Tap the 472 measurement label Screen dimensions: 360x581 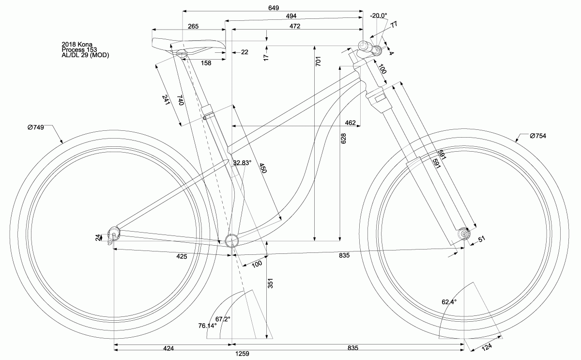click(x=294, y=26)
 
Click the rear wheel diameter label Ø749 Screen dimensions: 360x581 click(x=36, y=127)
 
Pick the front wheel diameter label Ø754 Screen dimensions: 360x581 click(x=537, y=136)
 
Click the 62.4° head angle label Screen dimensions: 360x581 click(x=449, y=301)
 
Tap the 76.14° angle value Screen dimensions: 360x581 click(x=207, y=326)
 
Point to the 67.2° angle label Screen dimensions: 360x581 click(x=223, y=319)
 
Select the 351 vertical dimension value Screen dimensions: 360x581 click(x=271, y=284)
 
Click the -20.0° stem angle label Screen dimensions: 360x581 click(x=378, y=16)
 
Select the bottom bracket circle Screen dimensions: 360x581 click(x=232, y=240)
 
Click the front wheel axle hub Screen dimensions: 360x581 click(x=464, y=234)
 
